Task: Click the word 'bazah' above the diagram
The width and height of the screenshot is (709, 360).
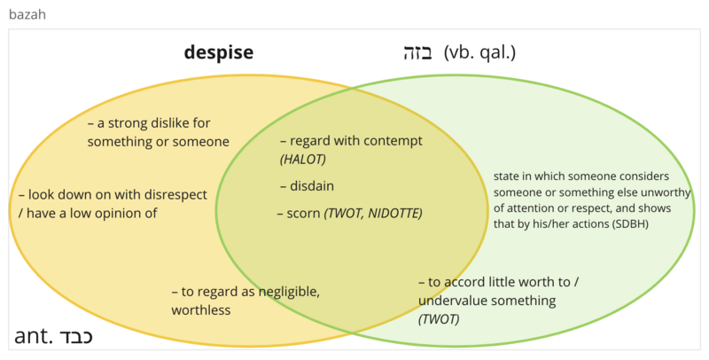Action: pos(27,14)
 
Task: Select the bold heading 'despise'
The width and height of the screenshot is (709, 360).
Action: pos(218,52)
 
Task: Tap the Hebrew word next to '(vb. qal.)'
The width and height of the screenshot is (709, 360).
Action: pos(417,53)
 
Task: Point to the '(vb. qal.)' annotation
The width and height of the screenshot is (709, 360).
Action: pos(479,53)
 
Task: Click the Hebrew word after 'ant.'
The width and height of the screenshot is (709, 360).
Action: pos(74,336)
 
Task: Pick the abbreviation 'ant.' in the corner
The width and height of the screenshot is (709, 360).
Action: pos(32,336)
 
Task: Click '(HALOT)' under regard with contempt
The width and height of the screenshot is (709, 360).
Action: pos(303,160)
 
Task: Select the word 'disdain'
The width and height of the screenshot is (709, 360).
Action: pos(312,186)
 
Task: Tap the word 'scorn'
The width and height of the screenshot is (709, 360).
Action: pos(303,213)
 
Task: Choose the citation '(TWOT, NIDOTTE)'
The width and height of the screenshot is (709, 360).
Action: pos(373,213)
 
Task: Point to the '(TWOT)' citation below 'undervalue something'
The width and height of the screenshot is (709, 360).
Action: pos(439,319)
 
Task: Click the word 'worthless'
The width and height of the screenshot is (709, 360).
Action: pos(201,310)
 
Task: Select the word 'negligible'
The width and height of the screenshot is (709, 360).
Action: pos(289,292)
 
